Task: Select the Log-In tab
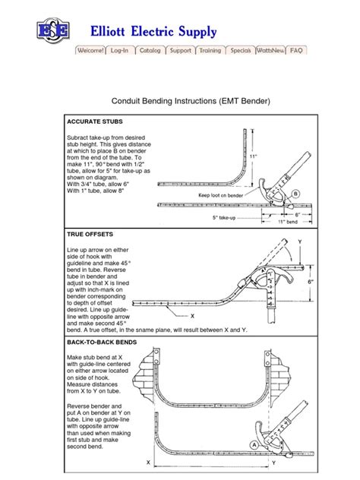click(121, 51)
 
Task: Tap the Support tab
click(180, 51)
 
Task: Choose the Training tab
click(210, 51)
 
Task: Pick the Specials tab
click(241, 51)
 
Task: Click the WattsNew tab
click(270, 51)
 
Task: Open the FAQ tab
click(296, 51)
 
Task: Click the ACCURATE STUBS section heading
click(93, 122)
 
